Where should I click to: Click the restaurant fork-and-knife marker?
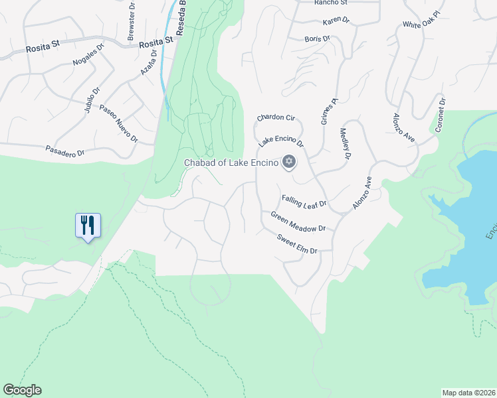click(x=88, y=226)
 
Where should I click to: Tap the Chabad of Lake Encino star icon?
click(x=289, y=162)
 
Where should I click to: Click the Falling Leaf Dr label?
click(x=304, y=200)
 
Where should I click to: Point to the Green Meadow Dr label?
click(x=298, y=222)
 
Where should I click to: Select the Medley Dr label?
click(x=345, y=145)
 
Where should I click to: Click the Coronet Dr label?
click(x=440, y=114)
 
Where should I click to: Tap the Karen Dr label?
click(x=336, y=21)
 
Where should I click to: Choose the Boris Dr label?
click(x=318, y=38)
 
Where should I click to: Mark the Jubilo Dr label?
click(x=92, y=99)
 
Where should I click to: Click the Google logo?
click(x=22, y=390)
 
